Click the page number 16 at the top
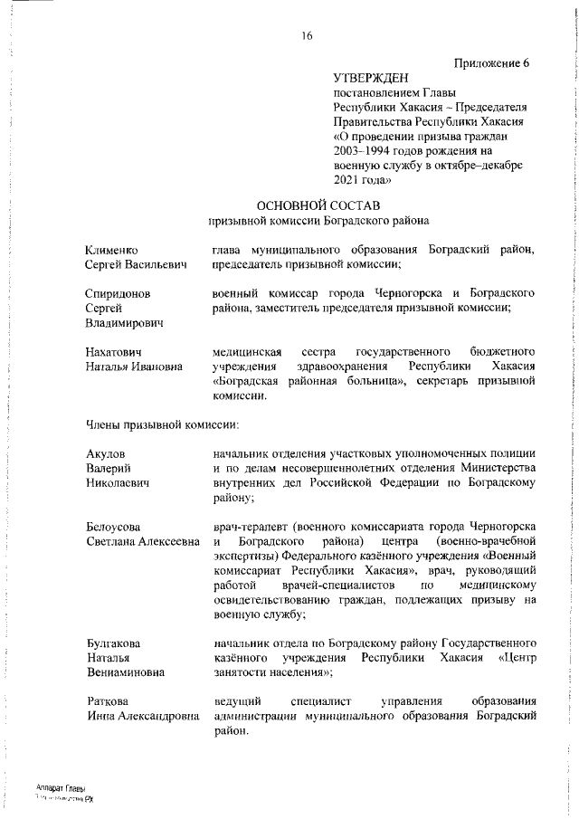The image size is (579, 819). coord(307,36)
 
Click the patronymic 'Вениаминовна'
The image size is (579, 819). coord(128,672)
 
